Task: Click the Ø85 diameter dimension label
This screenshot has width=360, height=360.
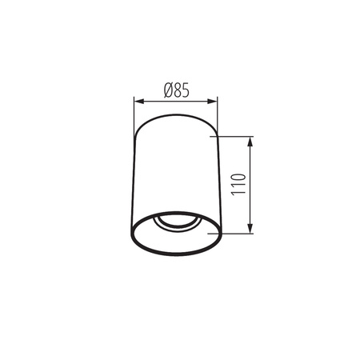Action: point(175,90)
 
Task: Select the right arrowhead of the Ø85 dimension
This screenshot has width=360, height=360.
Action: point(214,101)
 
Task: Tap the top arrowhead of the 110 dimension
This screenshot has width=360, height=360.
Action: point(252,141)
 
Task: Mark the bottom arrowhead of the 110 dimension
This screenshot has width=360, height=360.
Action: point(252,229)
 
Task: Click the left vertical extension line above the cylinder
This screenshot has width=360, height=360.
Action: point(133,112)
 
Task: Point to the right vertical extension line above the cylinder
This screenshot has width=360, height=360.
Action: point(218,112)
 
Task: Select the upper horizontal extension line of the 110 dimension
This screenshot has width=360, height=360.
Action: point(236,137)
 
